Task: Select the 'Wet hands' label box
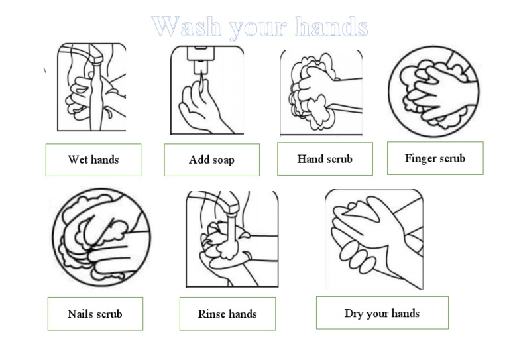click(93, 160)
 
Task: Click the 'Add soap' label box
click(211, 160)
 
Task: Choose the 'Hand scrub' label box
click(325, 159)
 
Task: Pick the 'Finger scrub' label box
click(435, 158)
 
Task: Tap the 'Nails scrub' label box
click(95, 314)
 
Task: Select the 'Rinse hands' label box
click(227, 314)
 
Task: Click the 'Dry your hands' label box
click(382, 313)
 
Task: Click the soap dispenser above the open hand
click(199, 56)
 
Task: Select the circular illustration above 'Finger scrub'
click(433, 91)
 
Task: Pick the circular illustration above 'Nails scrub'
click(101, 237)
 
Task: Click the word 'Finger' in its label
click(420, 158)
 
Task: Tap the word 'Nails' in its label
click(80, 314)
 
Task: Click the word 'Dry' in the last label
click(353, 313)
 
